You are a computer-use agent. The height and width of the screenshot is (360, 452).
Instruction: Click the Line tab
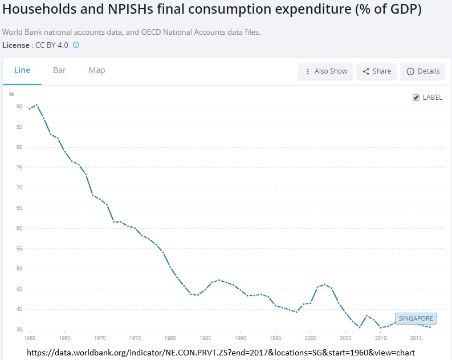point(22,70)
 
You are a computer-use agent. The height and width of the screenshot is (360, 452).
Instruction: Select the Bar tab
point(59,70)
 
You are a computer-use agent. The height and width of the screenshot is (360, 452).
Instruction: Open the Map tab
point(97,70)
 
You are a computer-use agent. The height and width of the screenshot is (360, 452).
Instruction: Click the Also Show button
point(325,71)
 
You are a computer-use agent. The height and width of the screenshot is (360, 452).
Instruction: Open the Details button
point(423,71)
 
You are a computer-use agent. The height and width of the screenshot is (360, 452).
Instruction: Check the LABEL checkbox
point(416,98)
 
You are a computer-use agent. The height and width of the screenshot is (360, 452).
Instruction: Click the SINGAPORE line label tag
point(416,318)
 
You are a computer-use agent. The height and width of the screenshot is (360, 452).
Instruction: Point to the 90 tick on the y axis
point(19,107)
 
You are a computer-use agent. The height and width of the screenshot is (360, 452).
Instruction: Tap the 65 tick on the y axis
point(19,208)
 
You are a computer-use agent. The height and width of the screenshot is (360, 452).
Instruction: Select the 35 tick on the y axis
point(19,330)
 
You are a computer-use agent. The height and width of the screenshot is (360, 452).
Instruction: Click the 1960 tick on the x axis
point(30,338)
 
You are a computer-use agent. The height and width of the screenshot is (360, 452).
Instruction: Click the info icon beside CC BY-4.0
point(76,45)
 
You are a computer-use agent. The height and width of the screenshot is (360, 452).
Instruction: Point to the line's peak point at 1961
point(36,104)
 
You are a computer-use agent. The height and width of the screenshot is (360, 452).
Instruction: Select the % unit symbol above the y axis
point(11,94)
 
